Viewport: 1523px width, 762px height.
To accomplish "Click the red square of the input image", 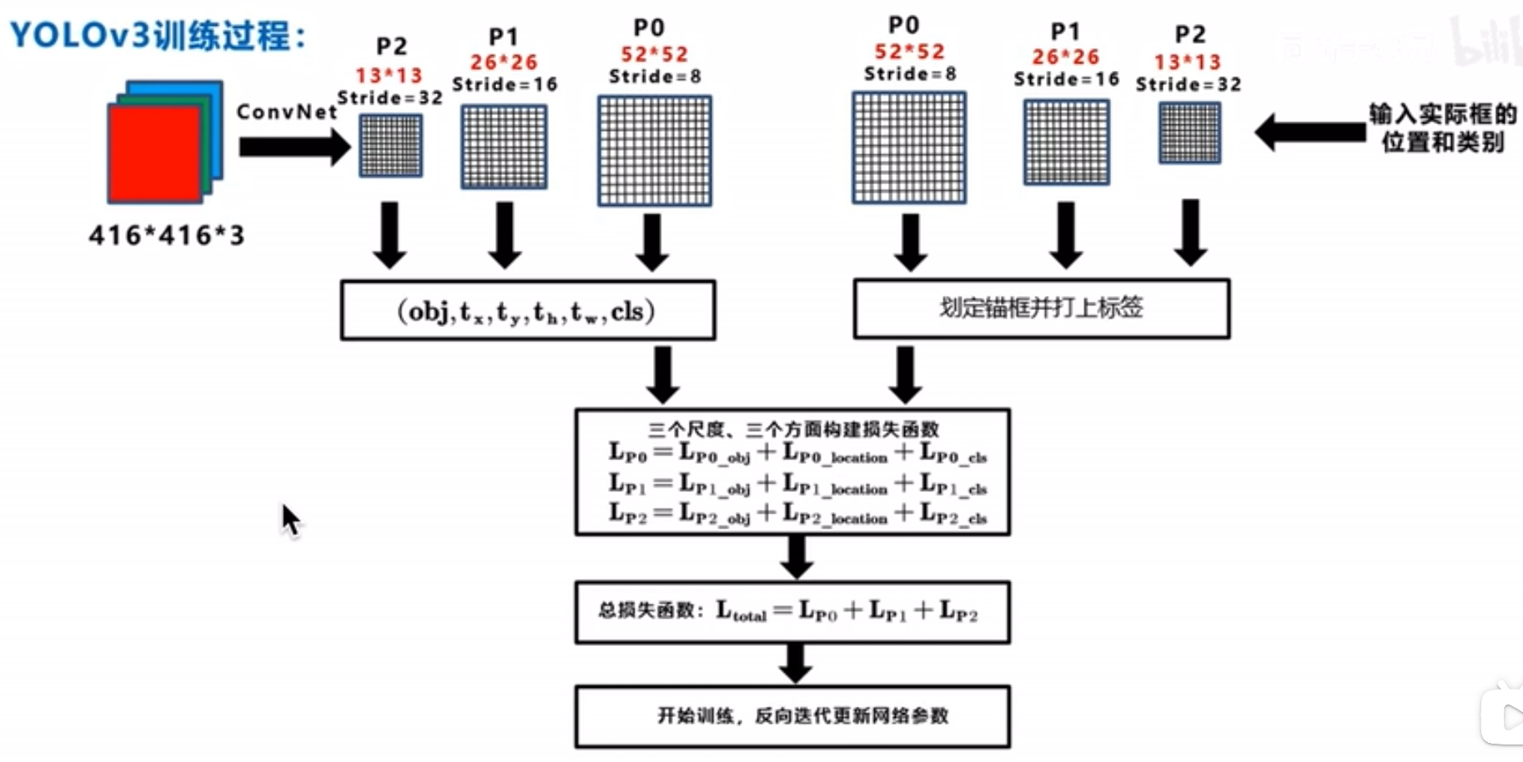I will [x=154, y=154].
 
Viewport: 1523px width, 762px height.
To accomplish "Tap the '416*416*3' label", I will [x=167, y=236].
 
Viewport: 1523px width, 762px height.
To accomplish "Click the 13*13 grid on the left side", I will [x=390, y=146].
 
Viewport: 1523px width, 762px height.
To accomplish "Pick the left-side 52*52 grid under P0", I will [x=655, y=151].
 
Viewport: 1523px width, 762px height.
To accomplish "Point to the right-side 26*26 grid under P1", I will [x=1067, y=142].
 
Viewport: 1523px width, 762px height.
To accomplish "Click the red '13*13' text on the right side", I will [x=1188, y=63].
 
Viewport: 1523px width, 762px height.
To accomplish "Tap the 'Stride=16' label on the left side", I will [x=505, y=85].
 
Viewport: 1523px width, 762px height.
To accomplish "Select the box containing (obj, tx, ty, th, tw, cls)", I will [x=528, y=311].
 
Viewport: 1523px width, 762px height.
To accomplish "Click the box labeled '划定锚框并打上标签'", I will [x=1041, y=308].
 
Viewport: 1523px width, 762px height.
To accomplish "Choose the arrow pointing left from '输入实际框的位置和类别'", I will [x=1309, y=132].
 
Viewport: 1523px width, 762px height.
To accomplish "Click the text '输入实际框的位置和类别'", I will [x=1443, y=128].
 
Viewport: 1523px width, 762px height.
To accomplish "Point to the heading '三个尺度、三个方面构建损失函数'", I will [x=793, y=429].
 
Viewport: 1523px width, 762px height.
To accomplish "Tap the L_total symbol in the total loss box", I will [x=741, y=612].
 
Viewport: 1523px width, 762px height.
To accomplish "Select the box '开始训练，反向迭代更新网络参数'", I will [x=792, y=716].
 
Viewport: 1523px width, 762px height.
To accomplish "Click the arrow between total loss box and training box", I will [x=796, y=664].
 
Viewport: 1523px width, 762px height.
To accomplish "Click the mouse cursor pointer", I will [x=289, y=519].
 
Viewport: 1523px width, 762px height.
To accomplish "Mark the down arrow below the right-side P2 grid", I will [x=1190, y=232].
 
